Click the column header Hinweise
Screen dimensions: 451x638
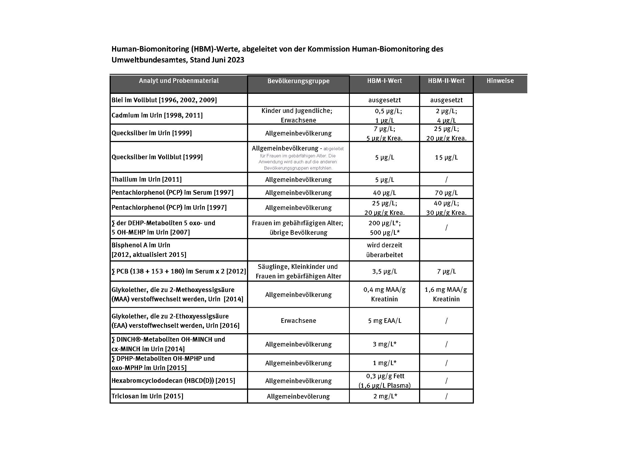pyautogui.click(x=500, y=81)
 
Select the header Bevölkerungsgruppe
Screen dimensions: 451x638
pyautogui.click(x=298, y=81)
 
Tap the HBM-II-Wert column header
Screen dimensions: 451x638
pyautogui.click(x=446, y=81)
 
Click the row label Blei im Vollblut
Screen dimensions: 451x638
pyautogui.click(x=164, y=100)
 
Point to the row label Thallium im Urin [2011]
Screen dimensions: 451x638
pyautogui.click(x=146, y=179)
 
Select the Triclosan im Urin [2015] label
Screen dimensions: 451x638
pyautogui.click(x=147, y=396)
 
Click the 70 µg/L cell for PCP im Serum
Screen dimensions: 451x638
pyautogui.click(x=446, y=193)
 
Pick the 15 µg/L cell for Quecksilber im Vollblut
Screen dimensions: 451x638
pyautogui.click(x=446, y=158)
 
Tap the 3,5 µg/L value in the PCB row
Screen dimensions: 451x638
pyautogui.click(x=384, y=272)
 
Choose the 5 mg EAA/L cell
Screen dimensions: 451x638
pyautogui.click(x=385, y=321)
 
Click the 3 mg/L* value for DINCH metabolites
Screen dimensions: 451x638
pyautogui.click(x=385, y=344)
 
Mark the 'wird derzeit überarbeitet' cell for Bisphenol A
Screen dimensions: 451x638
pyautogui.click(x=384, y=250)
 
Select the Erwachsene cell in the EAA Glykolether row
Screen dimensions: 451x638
pyautogui.click(x=298, y=321)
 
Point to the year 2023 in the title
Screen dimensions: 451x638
pyautogui.click(x=236, y=60)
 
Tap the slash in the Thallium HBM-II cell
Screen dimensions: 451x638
pyautogui.click(x=446, y=180)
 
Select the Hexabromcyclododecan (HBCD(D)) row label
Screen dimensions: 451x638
pyautogui.click(x=173, y=381)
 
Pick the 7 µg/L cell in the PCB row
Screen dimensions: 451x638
pyautogui.click(x=446, y=272)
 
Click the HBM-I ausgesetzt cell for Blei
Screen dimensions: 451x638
pyautogui.click(x=384, y=100)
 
